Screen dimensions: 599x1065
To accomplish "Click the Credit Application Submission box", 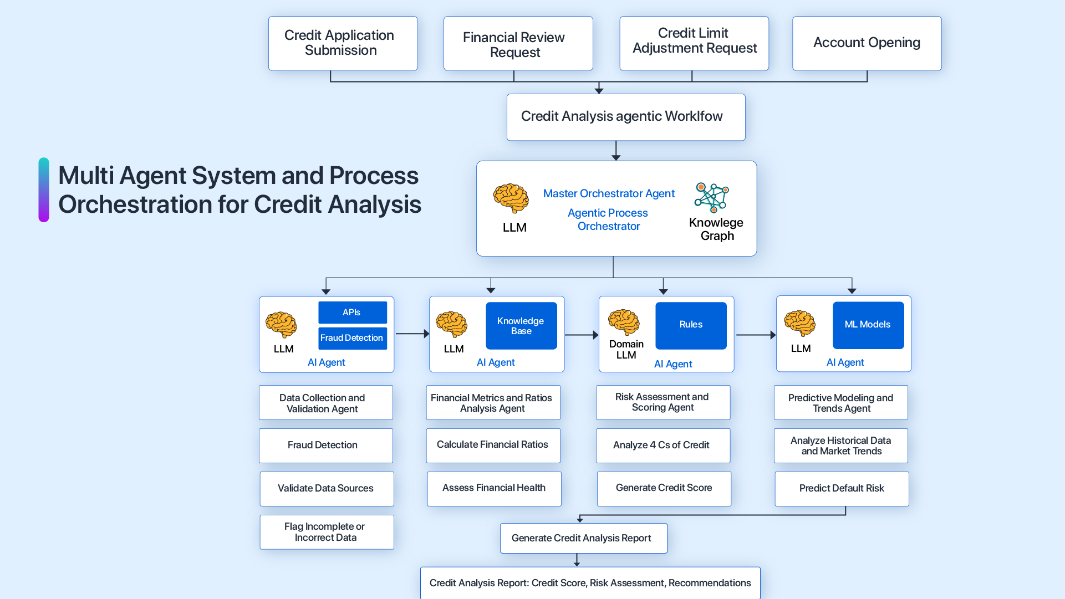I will click(343, 43).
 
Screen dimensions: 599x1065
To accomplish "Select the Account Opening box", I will click(867, 43).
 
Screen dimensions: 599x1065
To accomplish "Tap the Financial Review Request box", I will click(518, 44).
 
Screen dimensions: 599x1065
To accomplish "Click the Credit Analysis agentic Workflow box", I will click(625, 117).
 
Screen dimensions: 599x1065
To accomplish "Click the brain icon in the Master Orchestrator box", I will click(511, 198).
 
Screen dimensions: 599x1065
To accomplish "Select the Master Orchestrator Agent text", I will click(608, 193).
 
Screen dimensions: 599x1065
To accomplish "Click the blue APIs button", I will click(352, 313).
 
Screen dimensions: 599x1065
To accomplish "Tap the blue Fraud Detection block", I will click(352, 338).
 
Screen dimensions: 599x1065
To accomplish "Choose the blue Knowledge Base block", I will click(521, 326).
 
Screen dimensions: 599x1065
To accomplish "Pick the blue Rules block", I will click(691, 325).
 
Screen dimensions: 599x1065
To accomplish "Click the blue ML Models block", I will click(868, 325).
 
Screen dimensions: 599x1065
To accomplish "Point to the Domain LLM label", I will click(626, 350).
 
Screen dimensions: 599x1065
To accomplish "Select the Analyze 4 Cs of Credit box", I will click(663, 446).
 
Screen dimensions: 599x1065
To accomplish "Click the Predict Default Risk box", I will click(841, 489).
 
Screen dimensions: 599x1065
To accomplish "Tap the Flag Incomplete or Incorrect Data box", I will click(326, 532).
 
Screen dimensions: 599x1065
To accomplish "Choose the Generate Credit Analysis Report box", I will click(583, 538).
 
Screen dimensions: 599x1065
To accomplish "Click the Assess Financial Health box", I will click(493, 488).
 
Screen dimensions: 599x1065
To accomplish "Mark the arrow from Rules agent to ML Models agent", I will click(755, 335).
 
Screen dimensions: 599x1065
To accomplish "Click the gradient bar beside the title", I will click(44, 190).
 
